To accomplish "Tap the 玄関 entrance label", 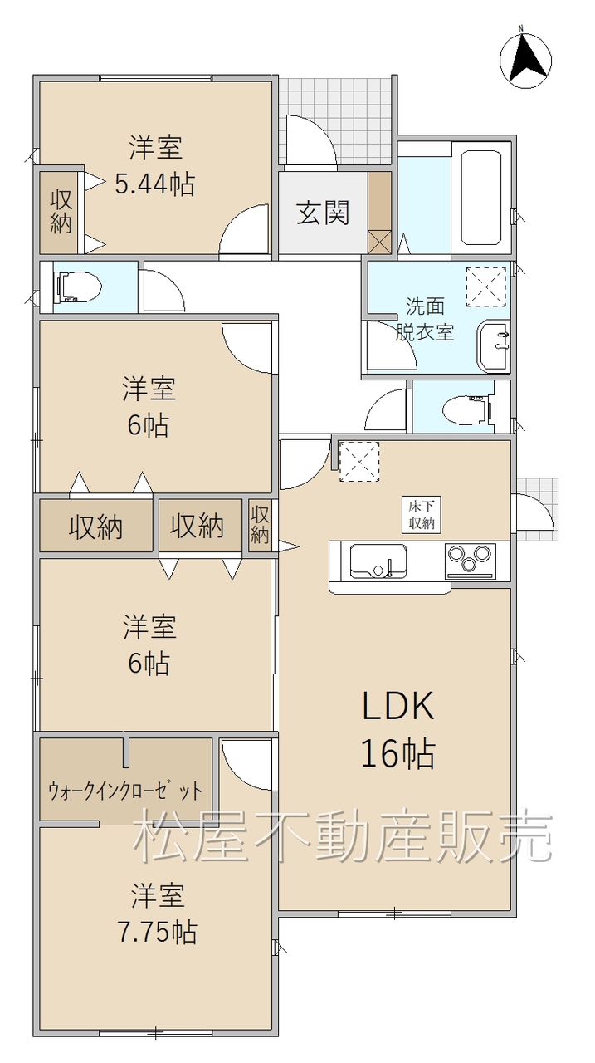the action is (x=324, y=213).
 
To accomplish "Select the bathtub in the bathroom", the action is (x=480, y=198).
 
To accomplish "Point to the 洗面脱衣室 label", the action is (x=425, y=320).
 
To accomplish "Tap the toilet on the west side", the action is (x=78, y=287).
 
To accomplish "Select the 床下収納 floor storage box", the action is (x=422, y=513).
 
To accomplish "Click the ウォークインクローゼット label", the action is (x=125, y=791).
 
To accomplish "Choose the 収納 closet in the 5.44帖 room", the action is (x=61, y=211).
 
